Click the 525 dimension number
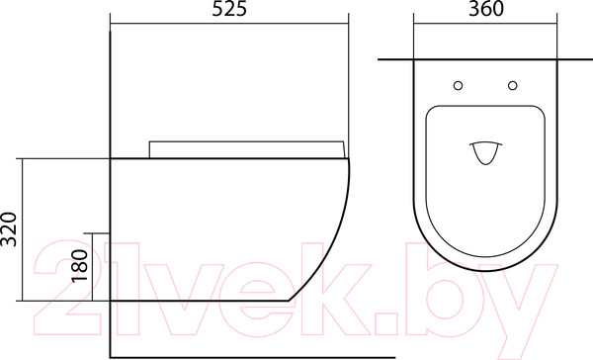[x=229, y=9]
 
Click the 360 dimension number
[x=486, y=9]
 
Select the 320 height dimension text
[x=9, y=229]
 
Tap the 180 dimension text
[x=80, y=265]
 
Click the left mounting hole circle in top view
[x=458, y=86]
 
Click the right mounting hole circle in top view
[x=513, y=86]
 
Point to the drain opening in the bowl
[x=486, y=153]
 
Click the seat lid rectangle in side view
[x=247, y=149]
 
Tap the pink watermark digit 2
[x=67, y=288]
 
